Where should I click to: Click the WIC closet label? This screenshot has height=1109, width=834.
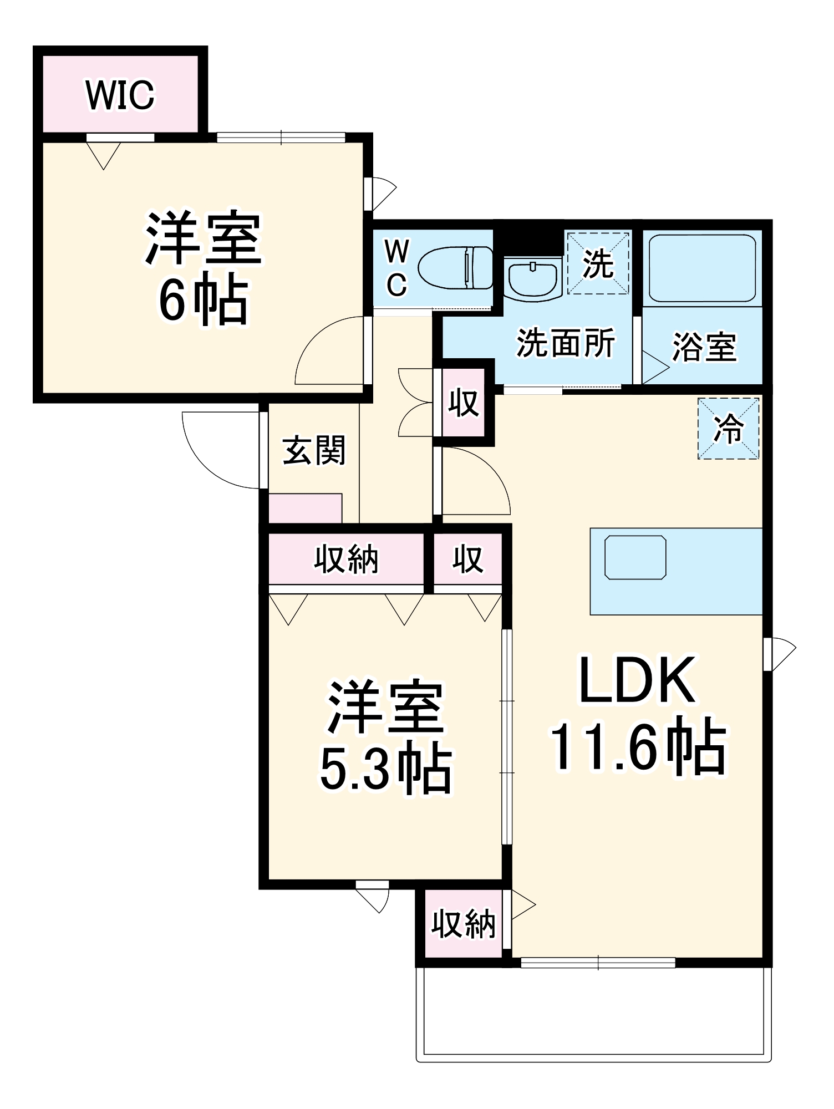(x=120, y=95)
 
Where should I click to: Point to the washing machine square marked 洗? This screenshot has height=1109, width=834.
(x=598, y=263)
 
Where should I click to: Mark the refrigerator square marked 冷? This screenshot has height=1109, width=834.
(x=728, y=428)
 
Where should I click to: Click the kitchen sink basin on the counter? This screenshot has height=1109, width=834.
(x=635, y=557)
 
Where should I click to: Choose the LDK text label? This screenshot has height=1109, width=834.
(x=637, y=680)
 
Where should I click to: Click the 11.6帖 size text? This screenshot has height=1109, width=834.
(x=638, y=746)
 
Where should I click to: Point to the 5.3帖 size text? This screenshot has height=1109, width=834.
(x=386, y=768)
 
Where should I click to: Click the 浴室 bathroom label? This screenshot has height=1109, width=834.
(x=704, y=348)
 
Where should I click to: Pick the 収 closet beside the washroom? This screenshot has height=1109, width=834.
(x=464, y=403)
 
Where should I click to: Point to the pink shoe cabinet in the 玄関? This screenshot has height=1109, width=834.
(x=305, y=508)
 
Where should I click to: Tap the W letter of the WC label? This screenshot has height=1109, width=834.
(x=396, y=251)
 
